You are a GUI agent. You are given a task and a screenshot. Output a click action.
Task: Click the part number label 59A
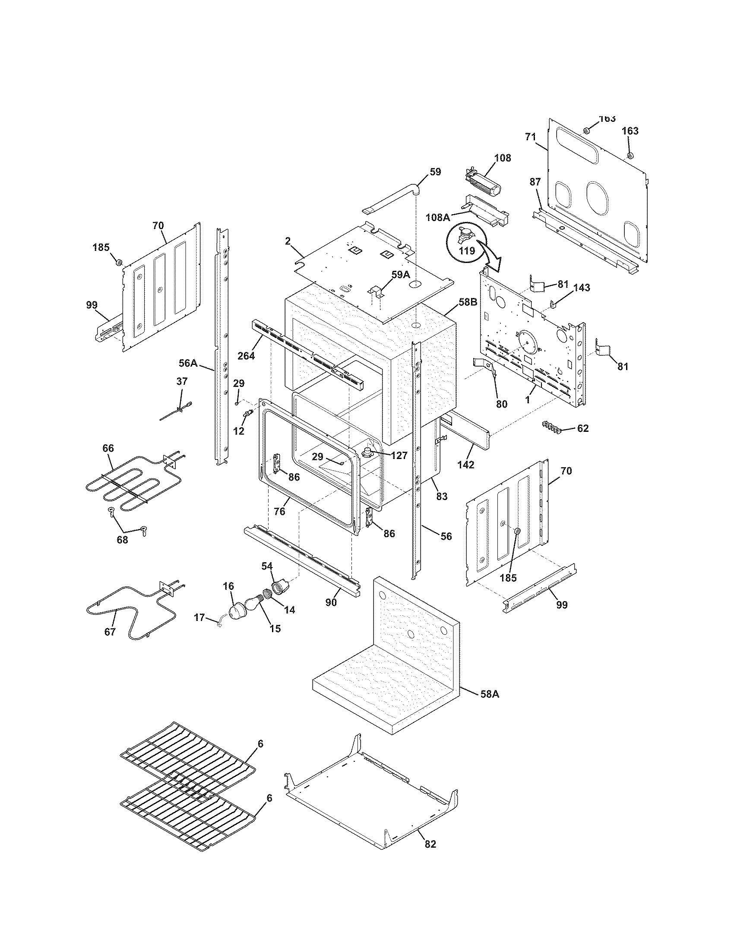(401, 275)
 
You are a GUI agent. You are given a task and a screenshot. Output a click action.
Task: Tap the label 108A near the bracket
(438, 217)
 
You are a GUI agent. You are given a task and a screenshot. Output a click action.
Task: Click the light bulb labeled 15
(253, 603)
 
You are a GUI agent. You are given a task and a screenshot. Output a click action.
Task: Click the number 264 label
(246, 355)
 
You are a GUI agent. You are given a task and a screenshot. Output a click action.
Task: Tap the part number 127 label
(399, 456)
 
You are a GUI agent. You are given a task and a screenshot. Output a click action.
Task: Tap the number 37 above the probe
(182, 381)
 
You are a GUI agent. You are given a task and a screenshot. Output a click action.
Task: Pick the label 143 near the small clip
(582, 288)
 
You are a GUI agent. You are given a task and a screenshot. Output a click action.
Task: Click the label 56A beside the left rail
(188, 363)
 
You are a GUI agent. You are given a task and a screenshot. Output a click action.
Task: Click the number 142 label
(466, 465)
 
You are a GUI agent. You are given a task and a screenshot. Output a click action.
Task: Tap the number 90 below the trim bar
(331, 603)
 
